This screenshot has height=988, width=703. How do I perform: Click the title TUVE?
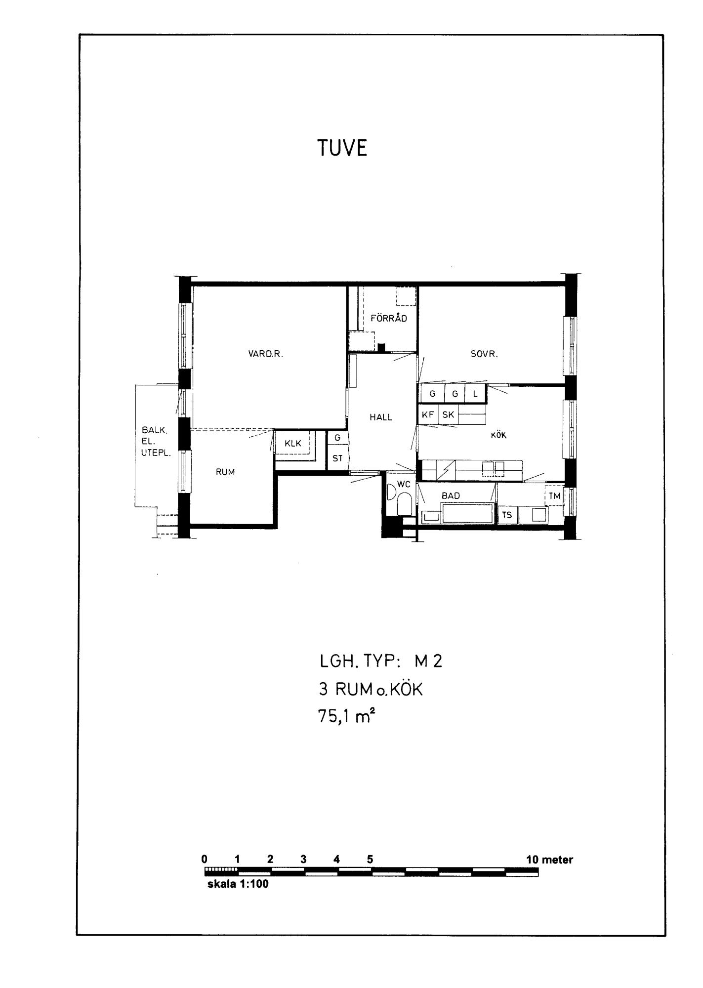pyautogui.click(x=342, y=148)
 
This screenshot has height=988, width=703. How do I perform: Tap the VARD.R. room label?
pyautogui.click(x=266, y=354)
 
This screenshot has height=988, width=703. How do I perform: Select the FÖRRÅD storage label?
pyautogui.click(x=389, y=318)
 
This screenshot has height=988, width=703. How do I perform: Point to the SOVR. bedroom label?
pyautogui.click(x=484, y=354)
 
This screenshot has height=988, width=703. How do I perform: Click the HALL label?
pyautogui.click(x=381, y=417)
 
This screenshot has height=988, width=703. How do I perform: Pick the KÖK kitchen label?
pyautogui.click(x=498, y=435)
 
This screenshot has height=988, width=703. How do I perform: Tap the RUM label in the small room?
pyautogui.click(x=225, y=472)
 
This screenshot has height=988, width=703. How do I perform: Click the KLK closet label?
pyautogui.click(x=293, y=444)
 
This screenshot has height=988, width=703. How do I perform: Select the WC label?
pyautogui.click(x=404, y=484)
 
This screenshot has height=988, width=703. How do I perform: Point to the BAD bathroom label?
pyautogui.click(x=451, y=495)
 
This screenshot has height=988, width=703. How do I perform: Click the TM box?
pyautogui.click(x=554, y=496)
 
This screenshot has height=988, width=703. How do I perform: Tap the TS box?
pyautogui.click(x=507, y=515)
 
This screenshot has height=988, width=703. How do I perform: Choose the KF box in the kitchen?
pyautogui.click(x=428, y=415)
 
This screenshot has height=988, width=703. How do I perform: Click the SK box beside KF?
pyautogui.click(x=448, y=415)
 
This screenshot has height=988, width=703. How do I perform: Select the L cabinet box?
pyautogui.click(x=476, y=394)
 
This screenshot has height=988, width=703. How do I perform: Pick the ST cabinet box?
pyautogui.click(x=337, y=458)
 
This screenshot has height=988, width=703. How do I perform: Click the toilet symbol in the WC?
pyautogui.click(x=404, y=505)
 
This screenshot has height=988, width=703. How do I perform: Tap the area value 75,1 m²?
pyautogui.click(x=344, y=716)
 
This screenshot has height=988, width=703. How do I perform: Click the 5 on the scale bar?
pyautogui.click(x=370, y=859)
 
